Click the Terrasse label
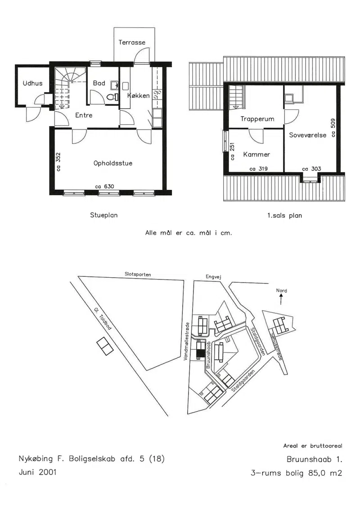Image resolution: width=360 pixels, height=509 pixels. [x=132, y=42]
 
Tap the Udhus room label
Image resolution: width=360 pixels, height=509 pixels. [x=32, y=83]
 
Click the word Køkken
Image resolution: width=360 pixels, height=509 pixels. [x=138, y=95]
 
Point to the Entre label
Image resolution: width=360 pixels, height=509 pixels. [x=84, y=115]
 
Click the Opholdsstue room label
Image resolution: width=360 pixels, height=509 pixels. [x=113, y=163]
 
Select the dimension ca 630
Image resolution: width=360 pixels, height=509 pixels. [x=104, y=186]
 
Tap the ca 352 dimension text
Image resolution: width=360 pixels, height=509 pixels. [x=58, y=162]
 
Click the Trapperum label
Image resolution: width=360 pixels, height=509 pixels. [x=257, y=119]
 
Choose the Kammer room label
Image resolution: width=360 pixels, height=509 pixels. [x=256, y=154]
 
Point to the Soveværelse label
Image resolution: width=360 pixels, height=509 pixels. [x=308, y=135]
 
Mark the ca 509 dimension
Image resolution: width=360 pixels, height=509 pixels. [x=333, y=128]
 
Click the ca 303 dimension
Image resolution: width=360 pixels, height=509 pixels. [x=312, y=169]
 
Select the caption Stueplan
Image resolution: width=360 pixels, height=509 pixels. [x=104, y=215]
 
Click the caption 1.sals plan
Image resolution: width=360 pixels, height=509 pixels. [x=285, y=215]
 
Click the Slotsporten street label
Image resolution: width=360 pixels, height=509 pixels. [x=138, y=274]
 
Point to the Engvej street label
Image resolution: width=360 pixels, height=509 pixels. [x=213, y=277]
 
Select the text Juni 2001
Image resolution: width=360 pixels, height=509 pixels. [x=38, y=472]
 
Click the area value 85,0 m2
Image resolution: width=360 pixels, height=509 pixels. [x=325, y=473]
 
